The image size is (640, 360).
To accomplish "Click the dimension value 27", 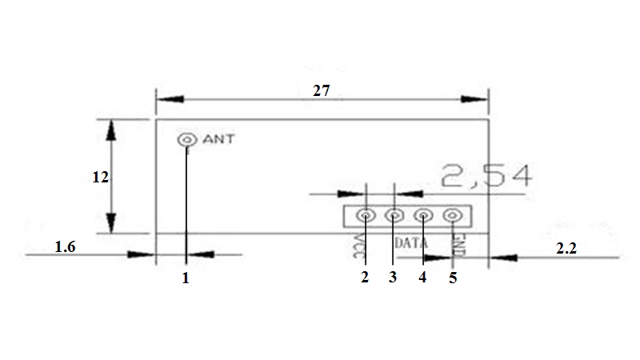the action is (322, 90).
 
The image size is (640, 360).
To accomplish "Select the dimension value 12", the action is (101, 177).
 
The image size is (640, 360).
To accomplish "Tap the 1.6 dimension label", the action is (66, 246).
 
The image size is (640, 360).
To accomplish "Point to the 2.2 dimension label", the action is (566, 248).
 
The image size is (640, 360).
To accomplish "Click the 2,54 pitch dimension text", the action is (486, 176).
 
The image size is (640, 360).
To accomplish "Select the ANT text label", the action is (218, 139).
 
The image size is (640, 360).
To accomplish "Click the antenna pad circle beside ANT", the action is (187, 140).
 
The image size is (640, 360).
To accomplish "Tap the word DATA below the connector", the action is (411, 243).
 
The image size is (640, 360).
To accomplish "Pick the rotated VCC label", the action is (359, 246).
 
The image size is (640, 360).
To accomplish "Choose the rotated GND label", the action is (458, 246).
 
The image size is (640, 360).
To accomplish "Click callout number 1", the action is (186, 278).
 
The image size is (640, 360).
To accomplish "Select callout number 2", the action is (365, 277).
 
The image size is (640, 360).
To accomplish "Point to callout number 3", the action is (393, 277).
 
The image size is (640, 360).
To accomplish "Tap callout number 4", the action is (422, 277).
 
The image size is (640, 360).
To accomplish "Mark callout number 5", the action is (453, 278).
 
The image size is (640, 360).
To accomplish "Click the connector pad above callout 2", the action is (366, 215).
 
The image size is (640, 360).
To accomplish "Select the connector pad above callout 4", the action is (424, 215).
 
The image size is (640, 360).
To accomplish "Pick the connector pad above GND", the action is (453, 215).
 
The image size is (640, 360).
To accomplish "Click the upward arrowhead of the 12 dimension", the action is (111, 130).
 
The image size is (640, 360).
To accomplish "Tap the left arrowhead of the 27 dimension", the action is (170, 99).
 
